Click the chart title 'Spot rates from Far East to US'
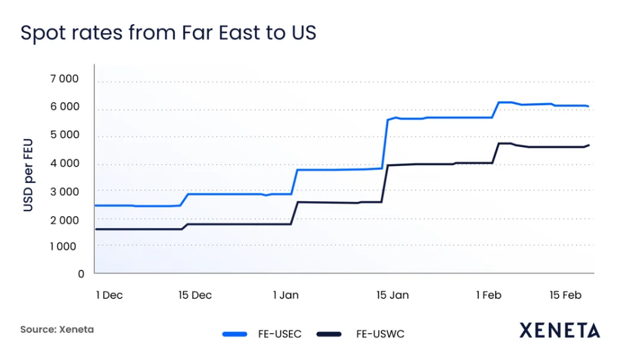[168, 33]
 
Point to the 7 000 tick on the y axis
[64, 79]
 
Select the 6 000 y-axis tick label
[64, 107]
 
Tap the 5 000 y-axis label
[64, 135]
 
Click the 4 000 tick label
[64, 163]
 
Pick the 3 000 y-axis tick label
[64, 191]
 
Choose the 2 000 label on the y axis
[64, 220]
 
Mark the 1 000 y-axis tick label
[64, 247]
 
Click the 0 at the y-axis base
[81, 274]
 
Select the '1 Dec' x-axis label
[109, 295]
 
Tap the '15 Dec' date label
[195, 295]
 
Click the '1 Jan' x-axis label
[286, 295]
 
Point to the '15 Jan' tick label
[393, 295]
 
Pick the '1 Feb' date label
[488, 295]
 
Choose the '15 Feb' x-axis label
[565, 295]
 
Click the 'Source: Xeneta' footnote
[57, 330]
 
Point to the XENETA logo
[559, 331]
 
